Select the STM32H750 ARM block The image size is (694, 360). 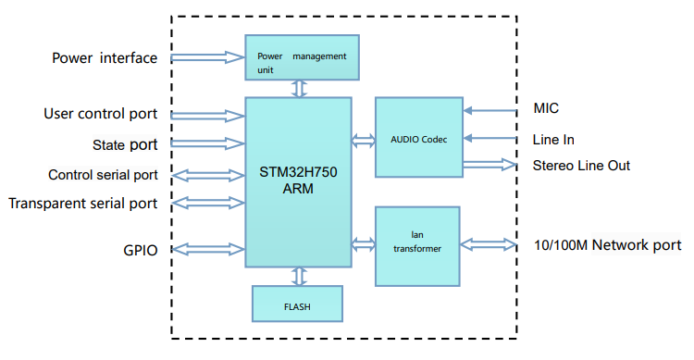click(x=298, y=181)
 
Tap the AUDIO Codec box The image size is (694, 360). click(x=418, y=138)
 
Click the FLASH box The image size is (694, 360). click(x=297, y=303)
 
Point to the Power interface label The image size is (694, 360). click(x=104, y=58)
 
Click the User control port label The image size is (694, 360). click(x=100, y=115)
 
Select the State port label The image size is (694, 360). click(x=124, y=144)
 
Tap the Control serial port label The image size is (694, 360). click(x=103, y=175)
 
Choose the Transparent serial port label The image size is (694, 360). click(x=82, y=203)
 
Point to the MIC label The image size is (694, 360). click(x=546, y=109)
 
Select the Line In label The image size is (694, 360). click(x=553, y=139)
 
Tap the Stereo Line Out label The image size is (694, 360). click(x=581, y=166)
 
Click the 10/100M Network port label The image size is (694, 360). click(x=607, y=245)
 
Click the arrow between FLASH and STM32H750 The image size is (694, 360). click(x=298, y=276)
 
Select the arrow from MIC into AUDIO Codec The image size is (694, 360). click(x=490, y=110)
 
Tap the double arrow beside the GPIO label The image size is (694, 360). click(x=208, y=249)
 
